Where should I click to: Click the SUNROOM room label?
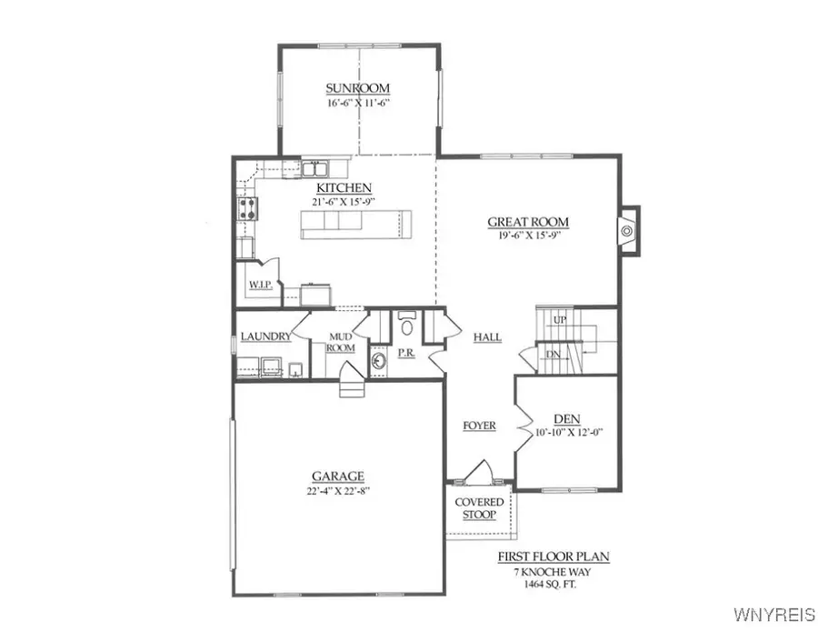click(358, 88)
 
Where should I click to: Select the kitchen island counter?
click(356, 224)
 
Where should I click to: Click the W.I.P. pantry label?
click(259, 285)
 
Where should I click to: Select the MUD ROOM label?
click(340, 342)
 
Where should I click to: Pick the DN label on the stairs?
click(553, 354)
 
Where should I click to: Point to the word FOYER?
click(479, 426)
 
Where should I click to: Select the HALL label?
click(487, 337)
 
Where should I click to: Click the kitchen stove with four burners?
click(246, 212)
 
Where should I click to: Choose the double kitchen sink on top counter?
click(314, 169)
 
